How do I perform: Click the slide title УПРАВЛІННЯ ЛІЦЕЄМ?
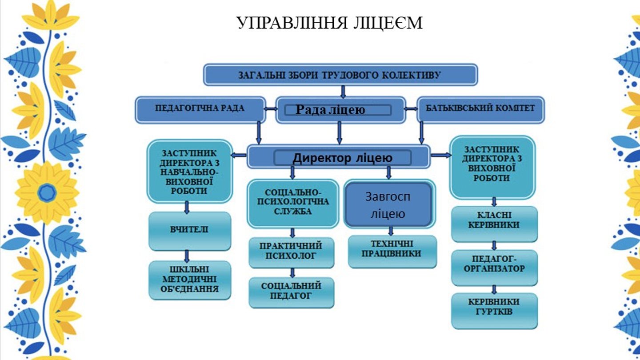(329, 23)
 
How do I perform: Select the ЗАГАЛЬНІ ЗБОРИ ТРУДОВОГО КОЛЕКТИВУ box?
(340, 75)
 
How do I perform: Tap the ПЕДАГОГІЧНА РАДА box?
(200, 109)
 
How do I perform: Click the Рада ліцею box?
(340, 110)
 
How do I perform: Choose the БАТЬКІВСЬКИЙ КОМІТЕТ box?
(480, 109)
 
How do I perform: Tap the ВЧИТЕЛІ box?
(190, 230)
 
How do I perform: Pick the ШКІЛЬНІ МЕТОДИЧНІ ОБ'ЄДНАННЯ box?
(190, 280)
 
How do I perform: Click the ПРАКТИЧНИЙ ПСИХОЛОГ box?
(291, 251)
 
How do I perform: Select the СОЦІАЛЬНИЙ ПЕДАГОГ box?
(291, 291)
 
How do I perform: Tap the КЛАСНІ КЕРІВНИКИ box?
(494, 221)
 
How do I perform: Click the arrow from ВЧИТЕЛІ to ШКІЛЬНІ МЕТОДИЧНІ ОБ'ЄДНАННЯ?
(187, 256)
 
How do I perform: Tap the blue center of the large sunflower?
(46, 193)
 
